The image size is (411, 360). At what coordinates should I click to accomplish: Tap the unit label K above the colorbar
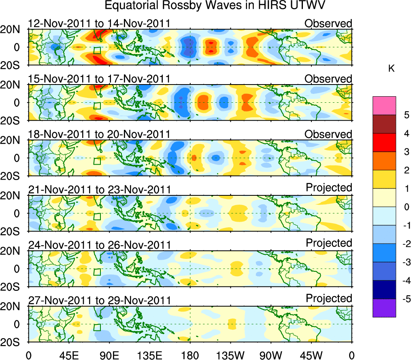tap(391, 69)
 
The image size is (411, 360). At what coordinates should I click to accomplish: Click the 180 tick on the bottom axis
tap(190, 355)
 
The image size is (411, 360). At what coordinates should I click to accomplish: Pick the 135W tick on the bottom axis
tap(230, 355)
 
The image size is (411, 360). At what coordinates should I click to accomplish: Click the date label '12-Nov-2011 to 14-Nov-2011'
tap(99, 23)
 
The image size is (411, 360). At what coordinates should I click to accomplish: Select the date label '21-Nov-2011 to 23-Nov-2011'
tap(99, 189)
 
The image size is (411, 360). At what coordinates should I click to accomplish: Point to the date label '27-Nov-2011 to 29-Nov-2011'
tap(99, 300)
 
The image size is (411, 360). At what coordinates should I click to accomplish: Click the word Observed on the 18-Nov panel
tap(328, 134)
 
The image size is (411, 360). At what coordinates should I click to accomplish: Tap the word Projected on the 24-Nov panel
tap(329, 243)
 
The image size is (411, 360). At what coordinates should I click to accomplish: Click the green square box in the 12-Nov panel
tap(97, 51)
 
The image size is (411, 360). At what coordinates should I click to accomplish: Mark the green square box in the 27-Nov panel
tap(97, 327)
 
